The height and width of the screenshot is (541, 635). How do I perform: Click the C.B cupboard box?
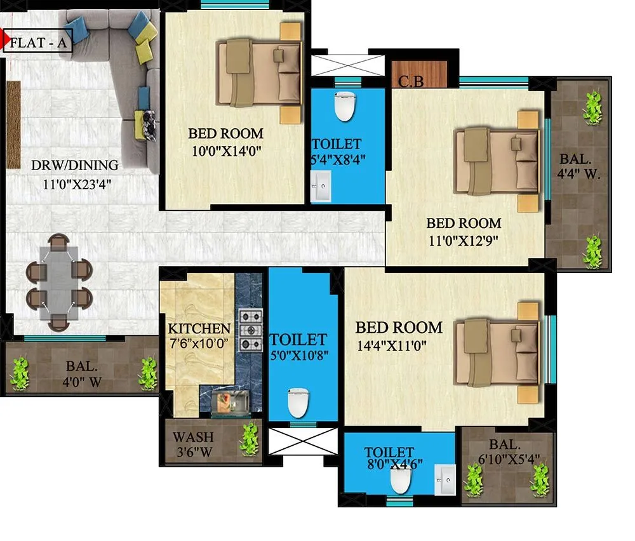(411, 81)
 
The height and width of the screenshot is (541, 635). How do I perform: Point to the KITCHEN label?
(199, 329)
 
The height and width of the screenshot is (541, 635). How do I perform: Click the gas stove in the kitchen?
(250, 330)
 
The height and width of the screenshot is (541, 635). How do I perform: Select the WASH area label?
(193, 437)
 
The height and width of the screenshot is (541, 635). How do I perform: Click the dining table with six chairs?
(59, 283)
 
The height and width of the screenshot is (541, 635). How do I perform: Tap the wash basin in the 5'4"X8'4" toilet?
(321, 189)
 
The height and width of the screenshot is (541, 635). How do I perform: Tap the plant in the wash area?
(250, 439)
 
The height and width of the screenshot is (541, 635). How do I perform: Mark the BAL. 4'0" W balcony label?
(82, 374)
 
